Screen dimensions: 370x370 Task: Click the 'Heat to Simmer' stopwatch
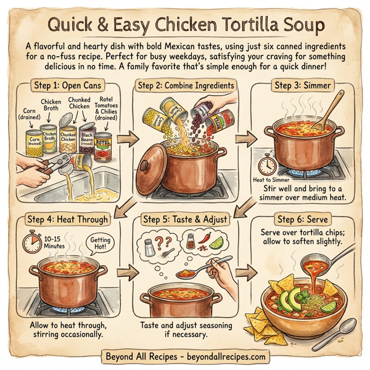267,165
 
